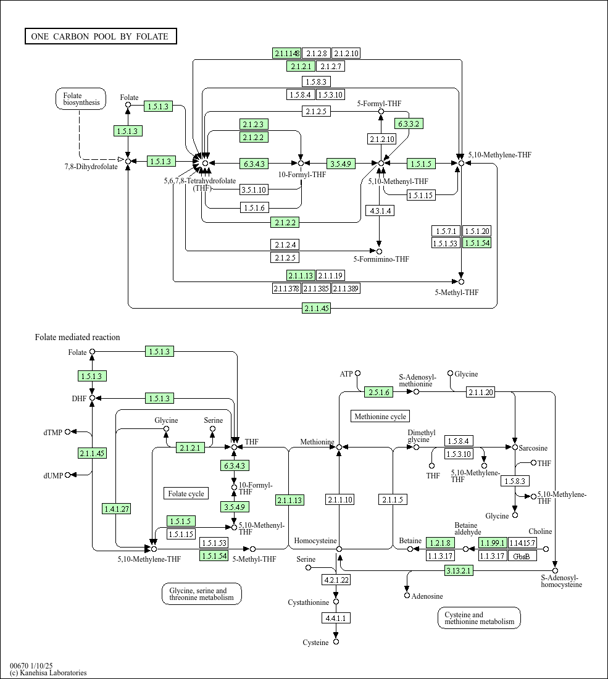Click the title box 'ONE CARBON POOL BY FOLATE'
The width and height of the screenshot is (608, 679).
click(x=101, y=36)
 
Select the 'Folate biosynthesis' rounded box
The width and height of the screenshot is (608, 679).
click(x=80, y=99)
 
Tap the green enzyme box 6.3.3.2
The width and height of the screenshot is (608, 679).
click(x=409, y=124)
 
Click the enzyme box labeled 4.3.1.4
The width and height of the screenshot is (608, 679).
click(x=380, y=211)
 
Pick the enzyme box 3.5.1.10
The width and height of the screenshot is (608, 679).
click(x=254, y=190)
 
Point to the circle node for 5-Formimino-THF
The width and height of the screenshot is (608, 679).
click(x=380, y=251)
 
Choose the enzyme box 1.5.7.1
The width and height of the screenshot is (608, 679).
click(x=446, y=231)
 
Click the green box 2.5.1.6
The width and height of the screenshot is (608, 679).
click(x=379, y=393)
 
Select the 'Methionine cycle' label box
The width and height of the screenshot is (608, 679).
click(x=380, y=417)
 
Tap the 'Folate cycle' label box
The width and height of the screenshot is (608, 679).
click(x=186, y=494)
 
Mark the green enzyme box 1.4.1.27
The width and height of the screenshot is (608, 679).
click(x=116, y=509)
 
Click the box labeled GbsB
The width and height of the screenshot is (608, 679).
click(x=522, y=556)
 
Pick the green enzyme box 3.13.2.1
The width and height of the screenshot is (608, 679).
click(x=459, y=571)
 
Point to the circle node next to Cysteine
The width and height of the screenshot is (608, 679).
click(x=336, y=642)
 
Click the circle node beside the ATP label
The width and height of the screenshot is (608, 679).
click(x=357, y=373)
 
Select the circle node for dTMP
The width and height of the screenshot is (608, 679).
click(x=67, y=431)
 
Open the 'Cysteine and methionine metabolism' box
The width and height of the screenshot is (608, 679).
click(x=479, y=618)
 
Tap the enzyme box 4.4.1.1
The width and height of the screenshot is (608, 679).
click(x=336, y=618)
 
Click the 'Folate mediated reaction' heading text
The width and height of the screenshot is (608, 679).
click(x=78, y=337)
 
